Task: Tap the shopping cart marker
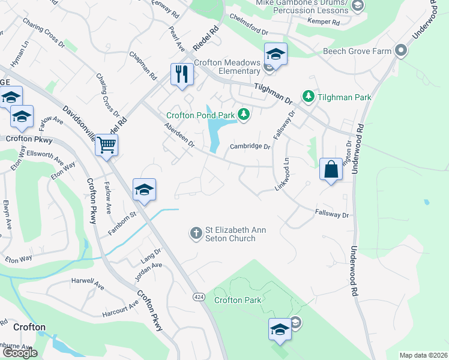tap(106, 145)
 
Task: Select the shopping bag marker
tap(331, 169)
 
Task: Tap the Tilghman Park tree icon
tap(309, 96)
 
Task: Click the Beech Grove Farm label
tap(357, 52)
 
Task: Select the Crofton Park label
tap(238, 300)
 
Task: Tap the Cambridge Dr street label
tap(251, 146)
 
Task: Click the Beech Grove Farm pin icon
tap(400, 51)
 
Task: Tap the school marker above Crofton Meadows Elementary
tap(276, 55)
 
